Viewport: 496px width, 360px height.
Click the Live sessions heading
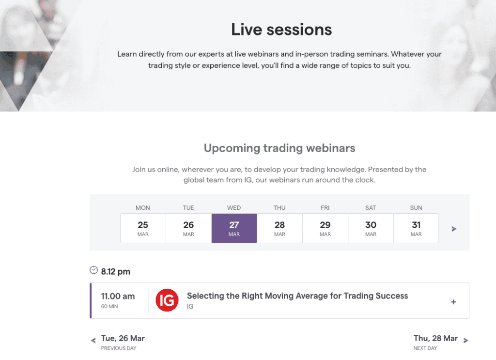(281, 30)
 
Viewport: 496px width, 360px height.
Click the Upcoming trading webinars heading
(279, 148)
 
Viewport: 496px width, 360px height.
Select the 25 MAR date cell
(143, 228)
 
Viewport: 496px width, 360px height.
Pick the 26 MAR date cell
(188, 228)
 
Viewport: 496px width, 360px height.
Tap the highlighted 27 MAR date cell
(234, 228)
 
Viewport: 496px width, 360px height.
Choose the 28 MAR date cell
(279, 228)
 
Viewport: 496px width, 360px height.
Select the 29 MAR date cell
(325, 228)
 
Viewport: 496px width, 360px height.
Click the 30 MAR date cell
(371, 228)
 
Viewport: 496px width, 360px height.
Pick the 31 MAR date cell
(416, 228)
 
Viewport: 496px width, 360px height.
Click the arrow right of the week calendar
(454, 229)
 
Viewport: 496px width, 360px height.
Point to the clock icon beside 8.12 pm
(93, 270)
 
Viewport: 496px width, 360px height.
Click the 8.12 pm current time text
(115, 272)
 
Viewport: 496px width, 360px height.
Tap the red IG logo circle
(167, 300)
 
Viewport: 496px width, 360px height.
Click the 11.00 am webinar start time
(118, 297)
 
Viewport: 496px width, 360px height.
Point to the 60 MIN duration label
(109, 306)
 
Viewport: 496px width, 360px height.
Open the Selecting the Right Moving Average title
(297, 296)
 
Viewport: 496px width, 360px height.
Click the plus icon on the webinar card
(453, 302)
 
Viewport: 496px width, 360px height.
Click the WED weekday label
(234, 208)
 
